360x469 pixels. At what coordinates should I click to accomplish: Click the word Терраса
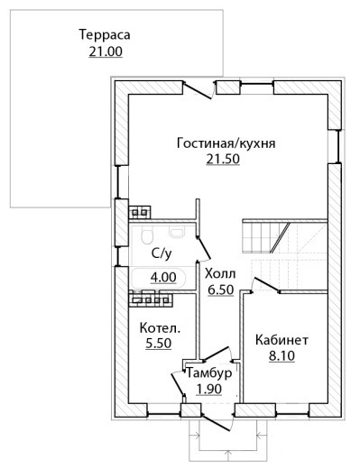point(105,34)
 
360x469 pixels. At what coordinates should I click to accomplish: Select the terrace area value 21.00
point(106,51)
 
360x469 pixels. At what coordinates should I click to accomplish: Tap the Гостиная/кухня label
point(226,143)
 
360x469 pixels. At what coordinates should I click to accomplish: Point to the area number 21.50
point(223,159)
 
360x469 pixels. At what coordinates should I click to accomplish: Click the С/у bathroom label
point(162,253)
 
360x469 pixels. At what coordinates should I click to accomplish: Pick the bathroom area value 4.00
point(163,277)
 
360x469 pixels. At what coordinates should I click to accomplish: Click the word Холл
point(220,274)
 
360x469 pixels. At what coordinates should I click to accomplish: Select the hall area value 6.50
point(221,290)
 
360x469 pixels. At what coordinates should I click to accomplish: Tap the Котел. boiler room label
point(160,327)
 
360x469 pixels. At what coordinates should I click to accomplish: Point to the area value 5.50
point(159,343)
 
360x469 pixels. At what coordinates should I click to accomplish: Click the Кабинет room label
point(282,340)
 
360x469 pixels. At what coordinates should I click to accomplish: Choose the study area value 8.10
point(282,356)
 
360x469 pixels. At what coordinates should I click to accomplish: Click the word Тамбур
point(209,372)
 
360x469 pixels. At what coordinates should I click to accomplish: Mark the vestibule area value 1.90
point(208,389)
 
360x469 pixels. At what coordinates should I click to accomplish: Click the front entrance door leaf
point(217,423)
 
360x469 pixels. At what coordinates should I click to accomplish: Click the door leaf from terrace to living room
point(198,90)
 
